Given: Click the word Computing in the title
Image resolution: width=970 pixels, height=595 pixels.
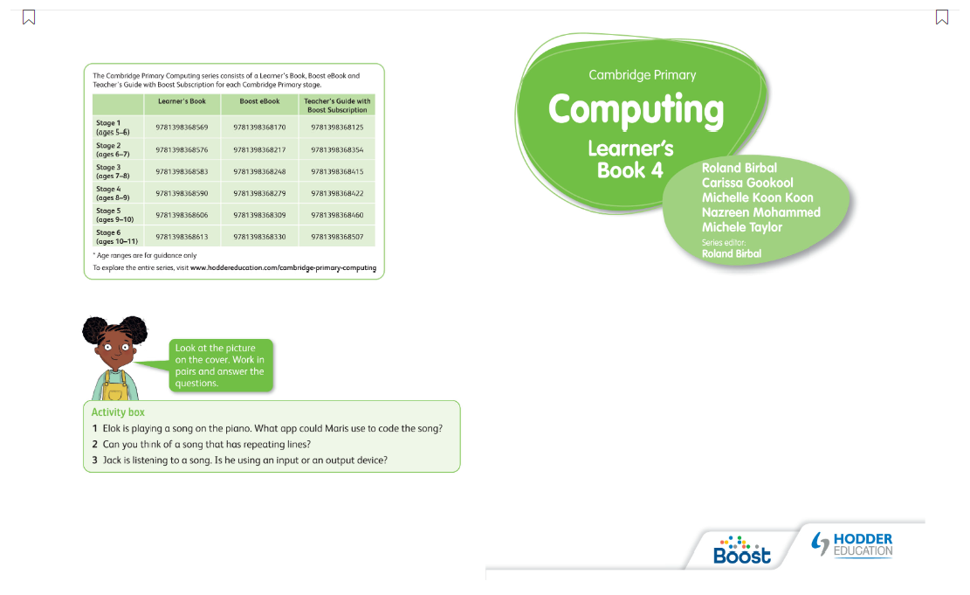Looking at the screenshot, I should (x=636, y=110).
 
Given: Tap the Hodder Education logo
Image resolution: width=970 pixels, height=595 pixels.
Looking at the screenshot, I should (x=852, y=543).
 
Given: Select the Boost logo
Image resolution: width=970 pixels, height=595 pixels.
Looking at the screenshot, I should (x=742, y=550).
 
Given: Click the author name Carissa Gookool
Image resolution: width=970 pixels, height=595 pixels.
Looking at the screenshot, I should (x=748, y=183).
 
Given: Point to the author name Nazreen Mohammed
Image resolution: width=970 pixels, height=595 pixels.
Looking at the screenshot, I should (x=760, y=212).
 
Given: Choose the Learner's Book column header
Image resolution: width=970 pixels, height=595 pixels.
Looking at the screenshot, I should (x=182, y=101).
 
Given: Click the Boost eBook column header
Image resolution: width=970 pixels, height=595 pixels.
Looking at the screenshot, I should (x=259, y=101).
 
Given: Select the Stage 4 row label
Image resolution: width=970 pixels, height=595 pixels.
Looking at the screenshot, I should (x=109, y=192).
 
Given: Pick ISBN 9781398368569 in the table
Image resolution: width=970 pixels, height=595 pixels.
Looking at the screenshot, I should (x=182, y=128).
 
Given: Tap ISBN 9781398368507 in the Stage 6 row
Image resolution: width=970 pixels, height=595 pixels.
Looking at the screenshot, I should (x=337, y=237).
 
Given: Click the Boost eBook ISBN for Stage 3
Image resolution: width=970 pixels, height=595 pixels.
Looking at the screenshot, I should (x=259, y=171).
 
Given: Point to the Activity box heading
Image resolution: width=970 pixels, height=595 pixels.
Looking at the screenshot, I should (x=118, y=412).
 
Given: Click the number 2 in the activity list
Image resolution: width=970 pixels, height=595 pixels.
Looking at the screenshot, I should (x=95, y=444).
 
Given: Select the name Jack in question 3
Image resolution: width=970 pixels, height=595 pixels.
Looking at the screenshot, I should (x=112, y=460).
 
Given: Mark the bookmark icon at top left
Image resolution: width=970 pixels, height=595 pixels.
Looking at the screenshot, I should (x=29, y=17).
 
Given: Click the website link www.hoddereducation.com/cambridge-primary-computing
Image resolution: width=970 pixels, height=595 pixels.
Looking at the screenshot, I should (x=283, y=268).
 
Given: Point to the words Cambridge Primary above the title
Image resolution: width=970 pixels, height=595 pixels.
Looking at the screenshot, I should (x=642, y=75).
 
